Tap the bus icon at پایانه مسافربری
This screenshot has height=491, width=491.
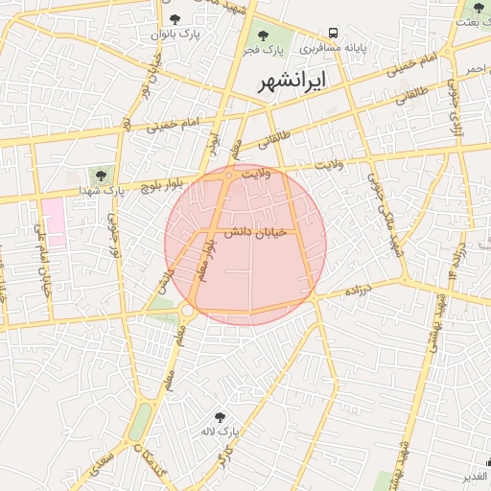click(333, 32)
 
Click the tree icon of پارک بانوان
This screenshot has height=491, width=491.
click(174, 18)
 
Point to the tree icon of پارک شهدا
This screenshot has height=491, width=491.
click(99, 175)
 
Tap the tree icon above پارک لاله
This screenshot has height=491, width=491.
click(221, 417)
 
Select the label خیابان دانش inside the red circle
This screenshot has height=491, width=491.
click(251, 233)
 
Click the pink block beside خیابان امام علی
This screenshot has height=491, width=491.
click(53, 222)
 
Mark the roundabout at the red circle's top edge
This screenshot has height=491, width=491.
click(229, 175)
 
